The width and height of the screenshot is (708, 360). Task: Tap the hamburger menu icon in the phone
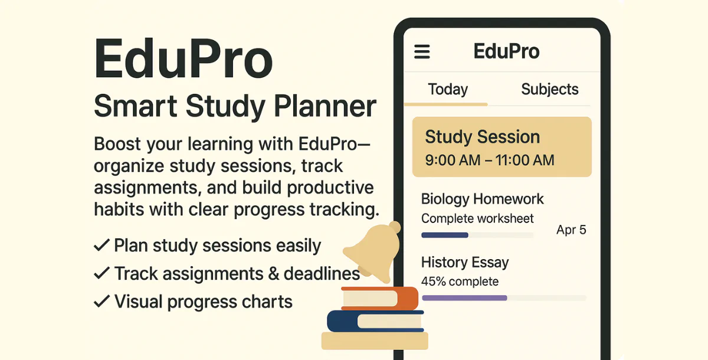[422, 52]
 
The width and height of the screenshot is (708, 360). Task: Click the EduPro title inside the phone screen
[506, 51]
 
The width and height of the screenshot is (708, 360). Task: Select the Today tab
[448, 90]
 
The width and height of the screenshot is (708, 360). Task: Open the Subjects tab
[549, 90]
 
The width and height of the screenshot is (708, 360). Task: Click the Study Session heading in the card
[482, 137]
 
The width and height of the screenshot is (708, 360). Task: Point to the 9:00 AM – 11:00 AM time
[489, 159]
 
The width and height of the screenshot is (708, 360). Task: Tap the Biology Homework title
[482, 199]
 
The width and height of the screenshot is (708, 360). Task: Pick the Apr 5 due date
[571, 230]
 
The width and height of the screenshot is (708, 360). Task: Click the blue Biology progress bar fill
[444, 235]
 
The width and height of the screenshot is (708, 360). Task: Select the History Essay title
[465, 262]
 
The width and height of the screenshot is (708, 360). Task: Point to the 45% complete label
[460, 282]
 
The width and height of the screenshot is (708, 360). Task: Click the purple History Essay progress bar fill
[464, 298]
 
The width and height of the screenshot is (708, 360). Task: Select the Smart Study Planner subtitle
[235, 107]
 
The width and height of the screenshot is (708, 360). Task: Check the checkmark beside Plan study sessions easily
[101, 245]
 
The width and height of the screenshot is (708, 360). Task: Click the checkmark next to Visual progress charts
[101, 302]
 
